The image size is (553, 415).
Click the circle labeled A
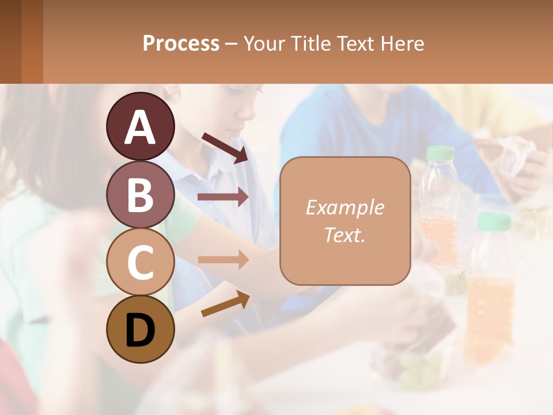point(140,127)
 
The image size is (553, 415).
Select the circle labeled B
point(140,195)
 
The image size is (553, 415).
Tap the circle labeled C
point(140,262)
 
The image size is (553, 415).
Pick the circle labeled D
point(140,330)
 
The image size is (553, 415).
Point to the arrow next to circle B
point(223,197)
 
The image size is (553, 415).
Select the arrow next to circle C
point(223,260)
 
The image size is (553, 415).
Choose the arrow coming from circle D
point(225,304)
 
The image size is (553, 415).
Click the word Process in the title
point(181,44)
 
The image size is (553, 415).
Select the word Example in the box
point(344,207)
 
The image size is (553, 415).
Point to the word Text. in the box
point(344,235)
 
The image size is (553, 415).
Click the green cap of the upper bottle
point(440,152)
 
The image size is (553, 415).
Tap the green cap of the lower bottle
point(494,220)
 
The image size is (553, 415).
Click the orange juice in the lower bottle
point(490,311)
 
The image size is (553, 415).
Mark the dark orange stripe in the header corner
point(32,41)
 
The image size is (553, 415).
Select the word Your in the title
point(266,44)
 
